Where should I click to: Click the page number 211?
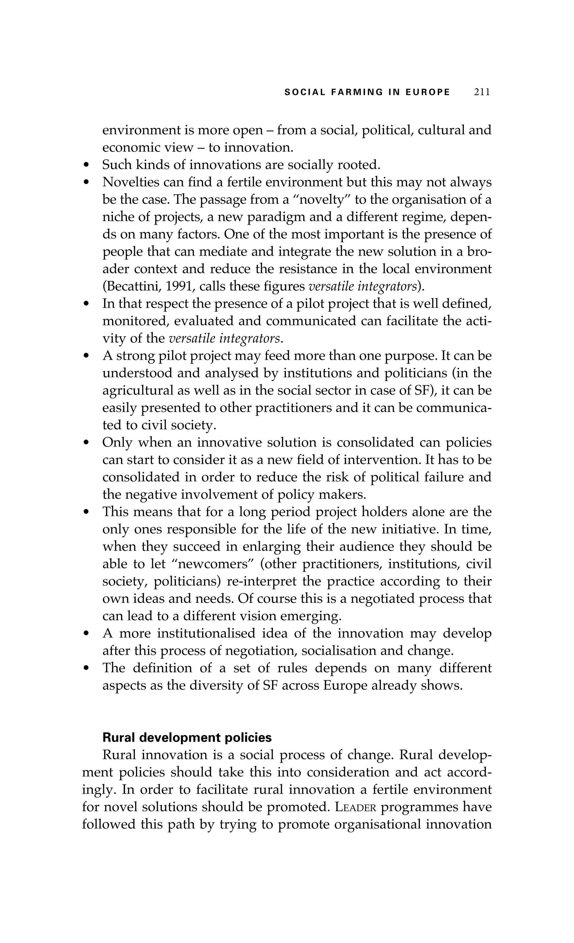point(482,92)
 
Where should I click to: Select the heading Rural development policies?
point(187,738)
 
